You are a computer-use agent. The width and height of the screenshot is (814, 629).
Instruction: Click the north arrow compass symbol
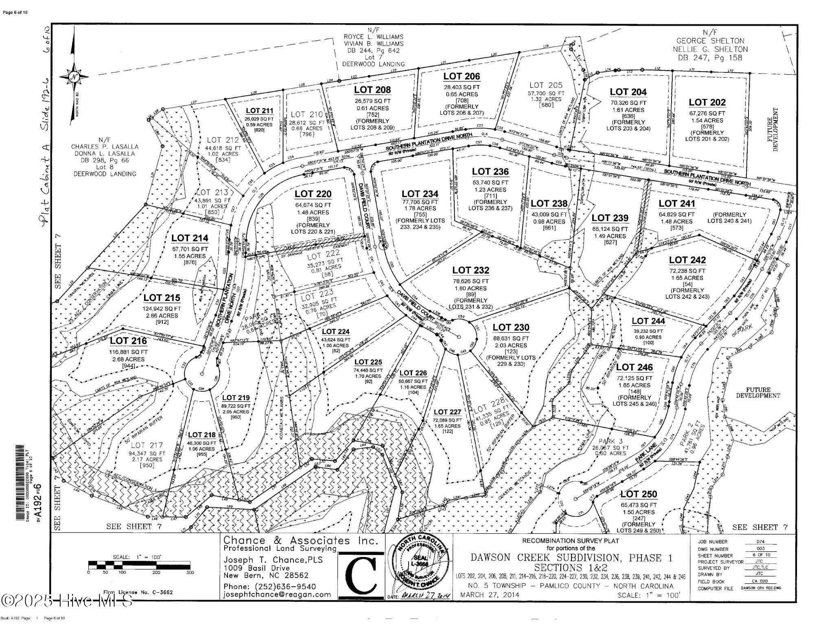74,77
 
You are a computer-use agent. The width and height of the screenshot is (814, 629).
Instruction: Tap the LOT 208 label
372,90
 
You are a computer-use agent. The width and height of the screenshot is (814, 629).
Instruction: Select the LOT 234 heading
420,194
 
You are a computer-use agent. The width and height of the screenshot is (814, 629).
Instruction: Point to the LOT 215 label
162,298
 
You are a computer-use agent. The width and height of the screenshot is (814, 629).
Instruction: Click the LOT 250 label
639,494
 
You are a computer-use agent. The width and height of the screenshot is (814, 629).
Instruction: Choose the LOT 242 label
687,260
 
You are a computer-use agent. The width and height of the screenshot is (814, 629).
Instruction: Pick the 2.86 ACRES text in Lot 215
162,316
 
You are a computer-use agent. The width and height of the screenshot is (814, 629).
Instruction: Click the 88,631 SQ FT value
511,338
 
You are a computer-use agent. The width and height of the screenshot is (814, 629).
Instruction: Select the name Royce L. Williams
374,37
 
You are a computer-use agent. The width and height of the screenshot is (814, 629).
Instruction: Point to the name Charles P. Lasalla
105,147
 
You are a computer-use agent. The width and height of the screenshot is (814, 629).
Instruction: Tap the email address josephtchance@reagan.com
277,594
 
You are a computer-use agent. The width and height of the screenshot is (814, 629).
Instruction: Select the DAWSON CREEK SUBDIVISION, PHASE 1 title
571,558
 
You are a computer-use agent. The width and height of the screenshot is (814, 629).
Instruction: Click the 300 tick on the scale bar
190,572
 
